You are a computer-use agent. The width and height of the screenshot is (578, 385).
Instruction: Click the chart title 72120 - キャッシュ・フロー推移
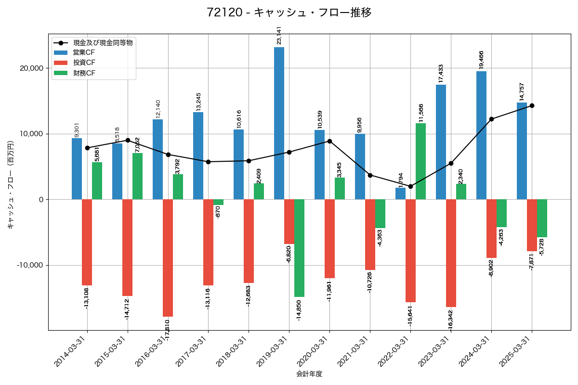[289, 13]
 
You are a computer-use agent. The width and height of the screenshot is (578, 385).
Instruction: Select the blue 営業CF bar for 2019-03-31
[279, 123]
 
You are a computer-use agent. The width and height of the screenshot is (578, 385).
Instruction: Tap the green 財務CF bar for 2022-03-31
[420, 161]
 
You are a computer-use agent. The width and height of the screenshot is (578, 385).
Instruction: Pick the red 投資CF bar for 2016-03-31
[168, 257]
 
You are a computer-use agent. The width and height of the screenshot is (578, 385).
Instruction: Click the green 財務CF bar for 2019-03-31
[299, 248]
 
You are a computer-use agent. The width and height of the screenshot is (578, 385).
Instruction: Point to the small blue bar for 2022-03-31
[400, 193]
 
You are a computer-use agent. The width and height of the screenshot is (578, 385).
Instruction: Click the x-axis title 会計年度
[309, 373]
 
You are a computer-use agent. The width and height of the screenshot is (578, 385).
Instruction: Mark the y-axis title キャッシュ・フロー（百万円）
[11, 185]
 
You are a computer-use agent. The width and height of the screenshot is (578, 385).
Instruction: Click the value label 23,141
[279, 36]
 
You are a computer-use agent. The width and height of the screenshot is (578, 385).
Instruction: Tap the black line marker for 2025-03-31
[532, 105]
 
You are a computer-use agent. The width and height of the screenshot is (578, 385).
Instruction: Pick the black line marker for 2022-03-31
[410, 186]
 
